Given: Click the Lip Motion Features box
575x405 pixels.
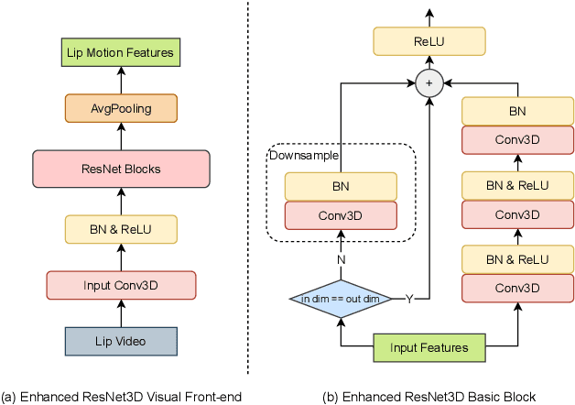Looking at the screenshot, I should (x=121, y=53).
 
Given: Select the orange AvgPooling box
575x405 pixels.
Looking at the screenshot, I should (x=121, y=109).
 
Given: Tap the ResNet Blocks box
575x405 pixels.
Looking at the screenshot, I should (x=121, y=169).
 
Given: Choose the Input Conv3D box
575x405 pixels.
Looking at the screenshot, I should (x=121, y=285).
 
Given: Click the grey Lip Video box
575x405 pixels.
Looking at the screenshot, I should (x=121, y=342).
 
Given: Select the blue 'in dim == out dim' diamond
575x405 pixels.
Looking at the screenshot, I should (x=340, y=299).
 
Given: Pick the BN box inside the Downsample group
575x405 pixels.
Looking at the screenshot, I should (x=341, y=186).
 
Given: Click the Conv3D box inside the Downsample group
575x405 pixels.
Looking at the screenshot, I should (x=341, y=214).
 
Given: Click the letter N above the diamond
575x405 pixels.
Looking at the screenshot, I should (x=340, y=259).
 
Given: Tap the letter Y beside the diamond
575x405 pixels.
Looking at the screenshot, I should (x=408, y=299).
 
